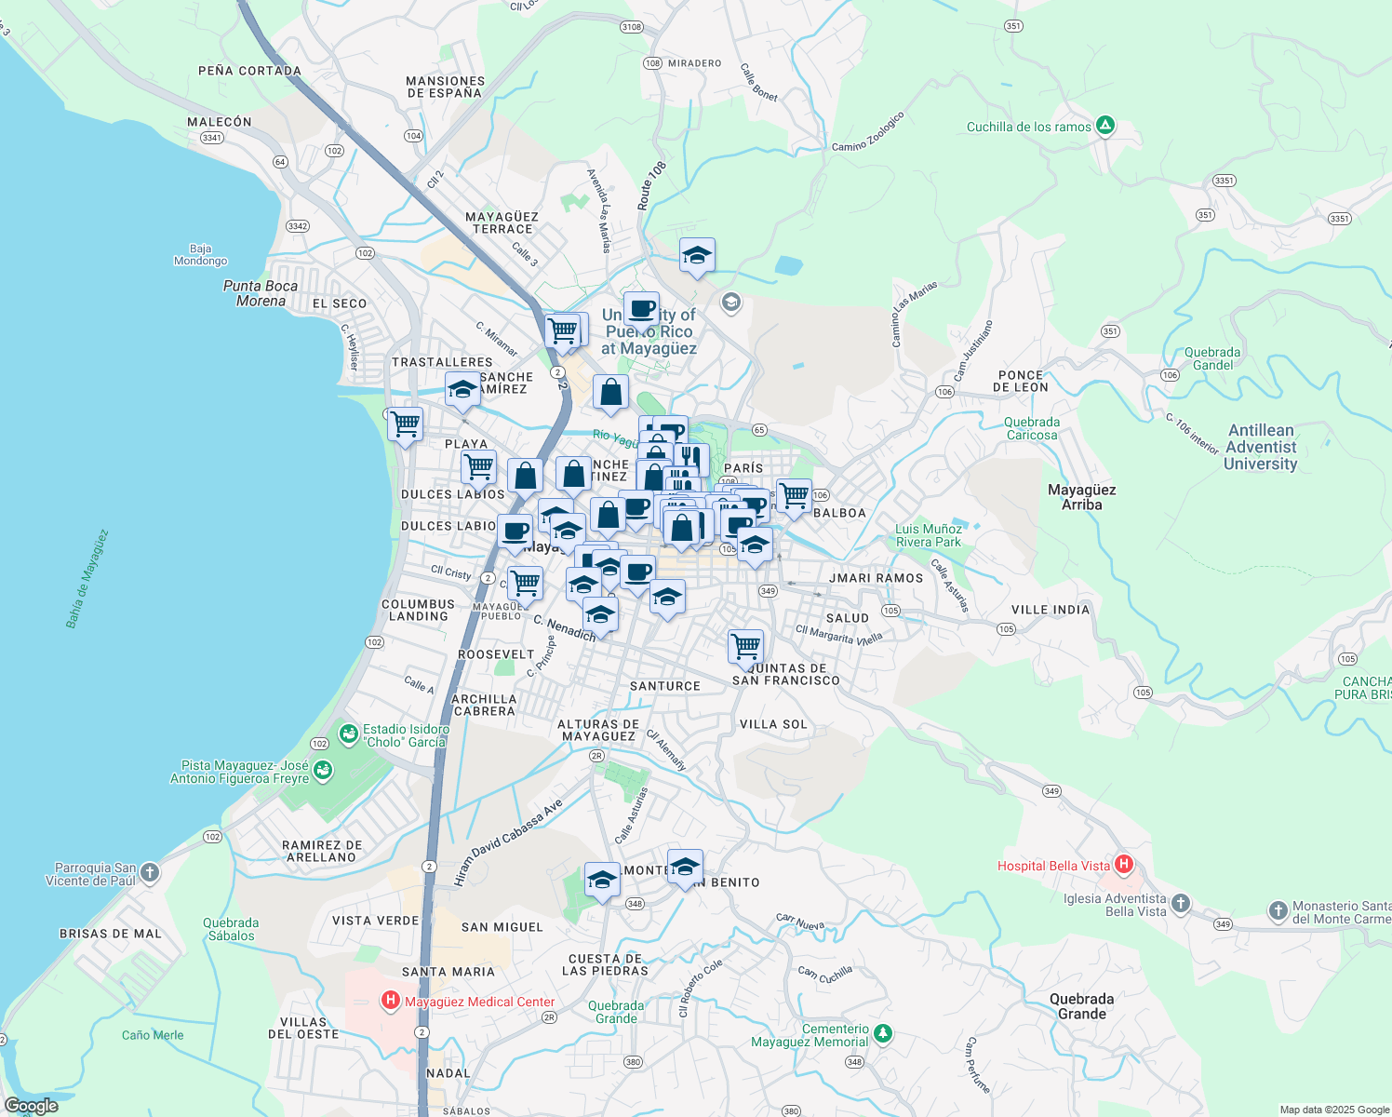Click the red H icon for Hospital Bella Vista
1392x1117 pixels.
1123,865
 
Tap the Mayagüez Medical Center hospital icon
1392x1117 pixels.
391,1002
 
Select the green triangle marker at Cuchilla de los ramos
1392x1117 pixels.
1104,126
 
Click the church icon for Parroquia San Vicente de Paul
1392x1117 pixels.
150,873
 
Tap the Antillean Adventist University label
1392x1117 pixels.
1261,447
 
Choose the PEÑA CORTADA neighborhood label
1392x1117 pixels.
249,71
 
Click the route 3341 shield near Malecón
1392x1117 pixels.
212,138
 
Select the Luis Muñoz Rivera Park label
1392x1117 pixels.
928,535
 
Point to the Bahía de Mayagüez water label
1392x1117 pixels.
87,579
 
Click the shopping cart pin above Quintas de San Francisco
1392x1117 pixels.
745,645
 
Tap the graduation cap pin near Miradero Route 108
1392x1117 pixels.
697,255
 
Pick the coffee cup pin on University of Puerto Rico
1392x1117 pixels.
641,308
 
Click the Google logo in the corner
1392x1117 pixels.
31,1106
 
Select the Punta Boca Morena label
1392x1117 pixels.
261,293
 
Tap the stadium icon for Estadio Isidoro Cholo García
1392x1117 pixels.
349,734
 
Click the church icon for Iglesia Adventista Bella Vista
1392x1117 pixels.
1180,903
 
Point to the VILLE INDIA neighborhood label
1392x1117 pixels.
1050,610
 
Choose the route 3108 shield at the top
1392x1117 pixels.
632,27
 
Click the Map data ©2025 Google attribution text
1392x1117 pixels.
1333,1110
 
